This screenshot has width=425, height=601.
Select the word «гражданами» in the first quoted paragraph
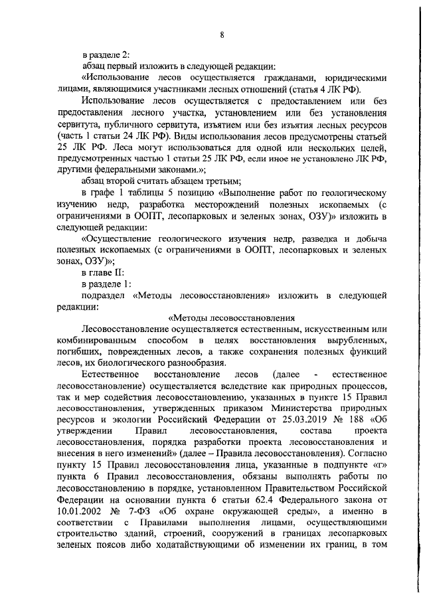pyautogui.click(x=258, y=78)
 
